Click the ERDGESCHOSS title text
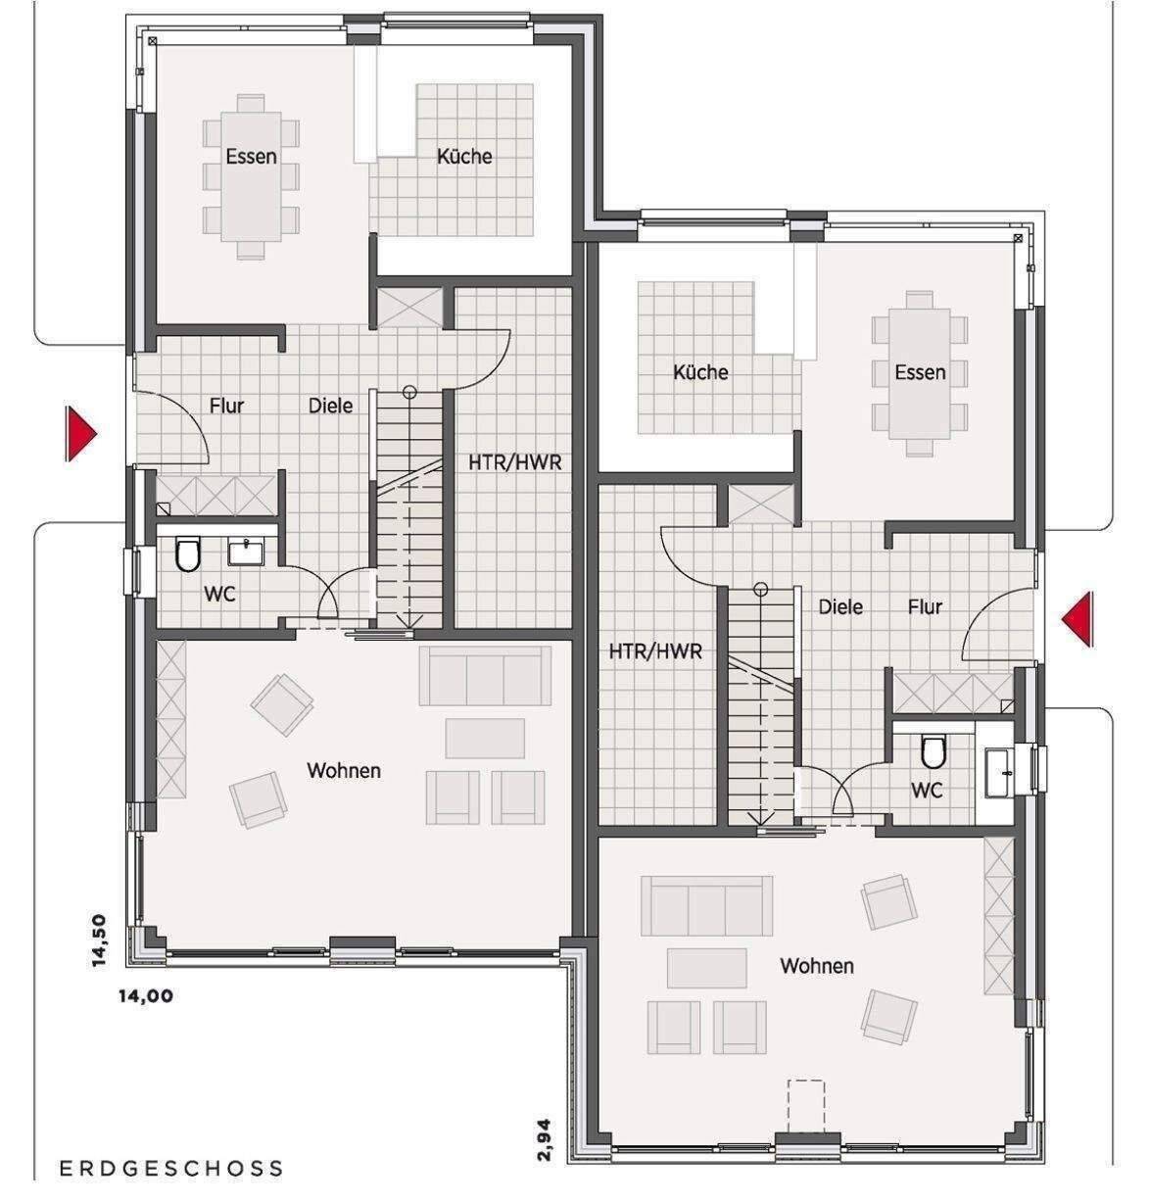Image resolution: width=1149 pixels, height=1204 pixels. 170,1169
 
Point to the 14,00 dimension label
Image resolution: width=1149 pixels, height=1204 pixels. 146,996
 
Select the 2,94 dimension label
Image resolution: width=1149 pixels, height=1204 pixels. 544,1139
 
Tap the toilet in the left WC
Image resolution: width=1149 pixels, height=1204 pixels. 187,554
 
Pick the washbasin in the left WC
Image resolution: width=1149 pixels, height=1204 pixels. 246,552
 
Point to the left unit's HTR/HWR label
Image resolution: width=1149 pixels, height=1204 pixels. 514,462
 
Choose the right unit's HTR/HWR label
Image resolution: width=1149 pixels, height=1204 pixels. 655,651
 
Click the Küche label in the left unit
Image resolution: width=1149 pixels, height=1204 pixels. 464,156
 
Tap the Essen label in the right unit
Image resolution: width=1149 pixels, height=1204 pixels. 920,372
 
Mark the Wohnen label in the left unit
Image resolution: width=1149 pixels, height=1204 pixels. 344,770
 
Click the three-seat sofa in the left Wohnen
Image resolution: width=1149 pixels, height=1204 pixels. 485,676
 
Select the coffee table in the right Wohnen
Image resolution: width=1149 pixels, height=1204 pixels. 707,968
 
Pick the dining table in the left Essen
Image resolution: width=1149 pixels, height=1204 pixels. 251,176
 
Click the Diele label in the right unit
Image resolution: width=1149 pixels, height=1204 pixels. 840,607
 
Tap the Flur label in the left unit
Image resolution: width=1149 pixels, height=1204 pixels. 226,406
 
